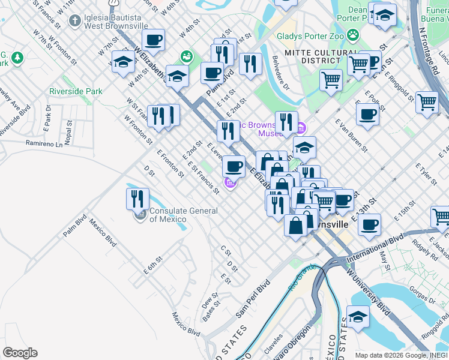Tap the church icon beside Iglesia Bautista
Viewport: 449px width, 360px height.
74,22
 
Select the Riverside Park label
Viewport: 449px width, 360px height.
76,92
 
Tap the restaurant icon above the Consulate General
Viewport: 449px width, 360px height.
137,199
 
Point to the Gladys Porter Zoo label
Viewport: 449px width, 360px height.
311,36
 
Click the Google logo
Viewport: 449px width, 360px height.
20,353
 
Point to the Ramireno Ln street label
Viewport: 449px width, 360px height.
44,144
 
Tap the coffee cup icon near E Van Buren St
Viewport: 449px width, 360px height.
367,114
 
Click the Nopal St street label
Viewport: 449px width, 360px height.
69,131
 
